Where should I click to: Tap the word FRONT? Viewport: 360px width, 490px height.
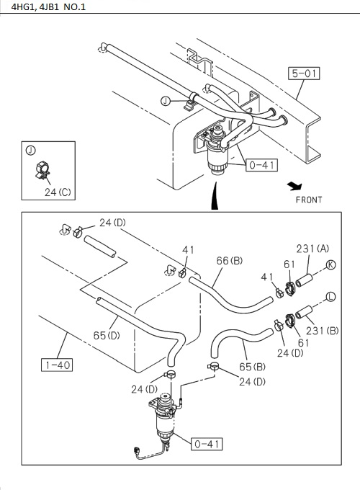309,200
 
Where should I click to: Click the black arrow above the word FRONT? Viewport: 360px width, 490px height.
294,186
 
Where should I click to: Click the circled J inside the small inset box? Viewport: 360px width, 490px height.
30,150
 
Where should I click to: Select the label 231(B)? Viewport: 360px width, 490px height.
323,331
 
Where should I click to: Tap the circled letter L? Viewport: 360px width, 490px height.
331,296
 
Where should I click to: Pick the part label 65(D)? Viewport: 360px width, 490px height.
107,335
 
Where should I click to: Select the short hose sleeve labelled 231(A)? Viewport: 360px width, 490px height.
304,279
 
